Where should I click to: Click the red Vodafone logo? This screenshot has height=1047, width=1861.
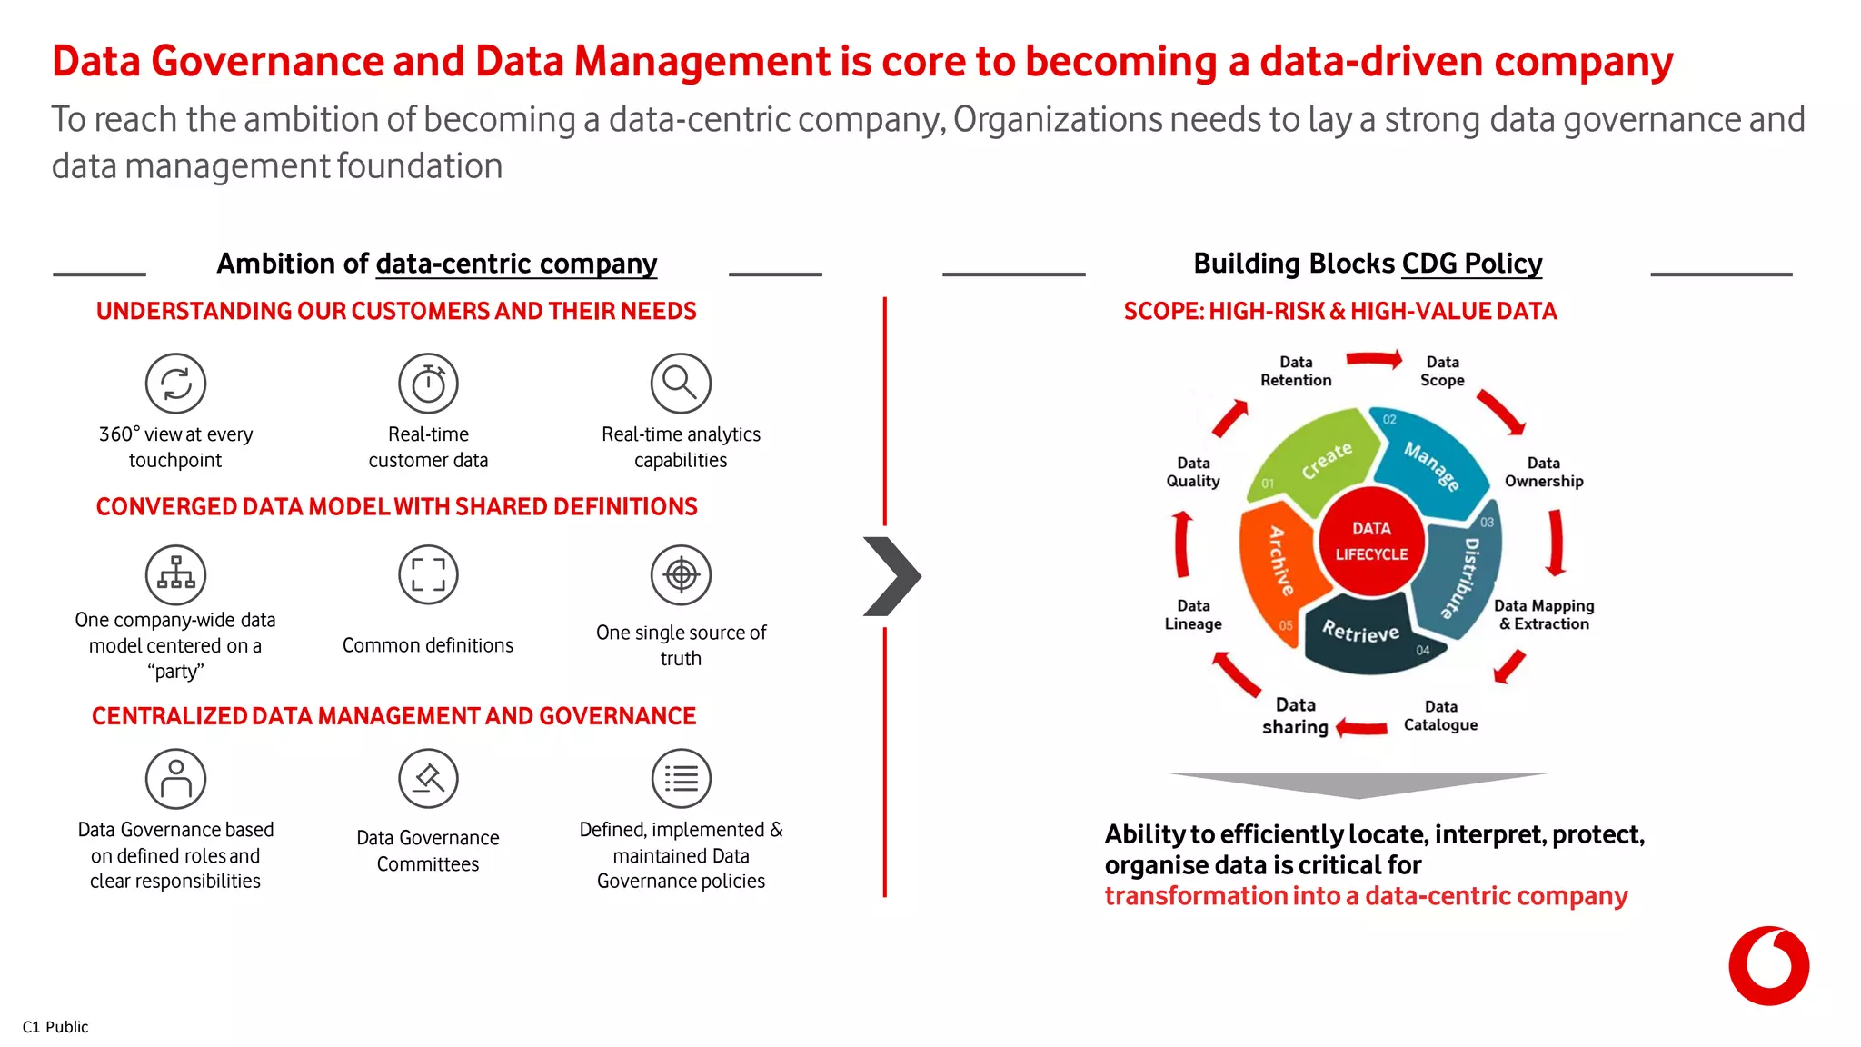click(1768, 965)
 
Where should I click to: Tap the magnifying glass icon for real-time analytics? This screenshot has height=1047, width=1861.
click(681, 384)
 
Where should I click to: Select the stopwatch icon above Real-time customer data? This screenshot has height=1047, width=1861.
click(428, 384)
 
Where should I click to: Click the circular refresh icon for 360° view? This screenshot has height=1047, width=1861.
click(175, 384)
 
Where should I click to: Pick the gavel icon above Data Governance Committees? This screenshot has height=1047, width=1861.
click(428, 779)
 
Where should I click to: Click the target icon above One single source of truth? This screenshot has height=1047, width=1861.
click(681, 574)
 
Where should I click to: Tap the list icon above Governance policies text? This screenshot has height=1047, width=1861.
click(681, 779)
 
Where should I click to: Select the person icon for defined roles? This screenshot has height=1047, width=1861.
click(175, 779)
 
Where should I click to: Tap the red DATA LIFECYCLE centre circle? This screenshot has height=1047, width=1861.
click(1371, 541)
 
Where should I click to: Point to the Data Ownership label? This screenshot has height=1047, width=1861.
click(1543, 472)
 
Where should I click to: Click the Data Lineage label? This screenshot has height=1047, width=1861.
click(1193, 614)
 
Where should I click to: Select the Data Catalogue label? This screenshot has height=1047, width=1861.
click(1440, 715)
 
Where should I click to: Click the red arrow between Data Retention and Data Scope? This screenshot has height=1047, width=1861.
click(1373, 360)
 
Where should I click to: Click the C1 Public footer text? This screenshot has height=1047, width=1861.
click(55, 1027)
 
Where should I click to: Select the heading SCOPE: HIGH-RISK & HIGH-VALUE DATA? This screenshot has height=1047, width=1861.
click(1339, 312)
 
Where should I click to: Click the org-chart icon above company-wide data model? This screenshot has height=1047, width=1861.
click(175, 574)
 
